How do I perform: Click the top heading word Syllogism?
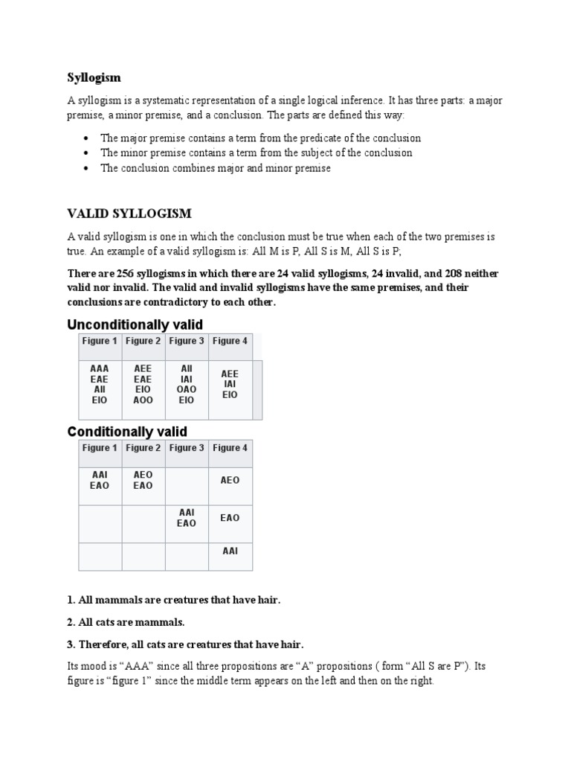(x=94, y=77)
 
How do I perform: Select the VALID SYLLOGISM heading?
(x=129, y=214)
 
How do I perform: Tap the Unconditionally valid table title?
(x=135, y=324)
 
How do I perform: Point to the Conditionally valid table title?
(x=127, y=432)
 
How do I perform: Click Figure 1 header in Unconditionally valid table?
(x=100, y=342)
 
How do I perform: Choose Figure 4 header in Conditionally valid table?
(x=230, y=448)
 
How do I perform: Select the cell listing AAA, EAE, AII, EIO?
(x=100, y=384)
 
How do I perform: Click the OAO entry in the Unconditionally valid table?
(x=187, y=389)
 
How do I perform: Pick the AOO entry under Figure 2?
(x=143, y=400)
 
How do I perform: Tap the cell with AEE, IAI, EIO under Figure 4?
(x=230, y=384)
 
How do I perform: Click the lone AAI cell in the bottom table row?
(x=230, y=551)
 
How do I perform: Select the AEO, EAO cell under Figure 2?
(x=143, y=480)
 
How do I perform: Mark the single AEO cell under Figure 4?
(x=230, y=481)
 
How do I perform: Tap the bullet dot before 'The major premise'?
(x=87, y=138)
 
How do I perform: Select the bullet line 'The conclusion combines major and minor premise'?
(x=216, y=168)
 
